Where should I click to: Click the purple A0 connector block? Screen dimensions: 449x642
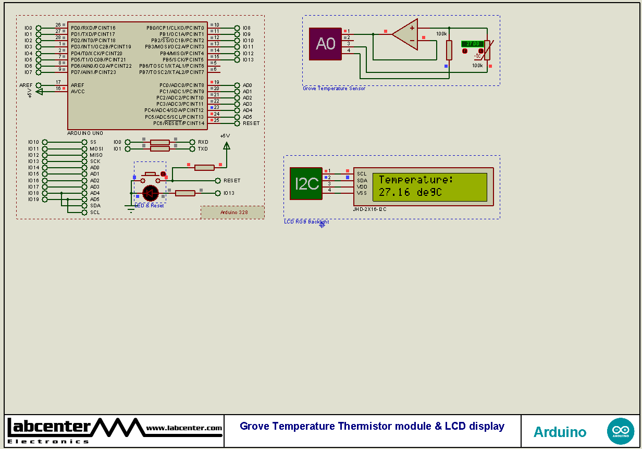tap(325, 44)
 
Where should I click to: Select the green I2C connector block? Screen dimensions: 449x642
tap(306, 183)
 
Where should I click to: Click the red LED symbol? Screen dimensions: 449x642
tap(150, 193)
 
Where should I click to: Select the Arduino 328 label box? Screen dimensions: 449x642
tap(232, 212)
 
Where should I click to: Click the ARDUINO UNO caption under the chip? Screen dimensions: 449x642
tap(85, 133)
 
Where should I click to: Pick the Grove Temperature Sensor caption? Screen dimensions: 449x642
tap(334, 89)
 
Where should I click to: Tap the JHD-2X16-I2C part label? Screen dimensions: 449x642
tap(369, 209)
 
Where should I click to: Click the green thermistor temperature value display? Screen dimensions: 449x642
tap(473, 44)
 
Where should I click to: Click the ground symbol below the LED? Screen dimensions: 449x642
tap(129, 208)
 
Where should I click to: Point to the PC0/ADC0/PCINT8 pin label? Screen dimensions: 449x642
tap(181, 85)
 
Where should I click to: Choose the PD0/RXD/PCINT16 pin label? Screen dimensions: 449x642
tap(93, 28)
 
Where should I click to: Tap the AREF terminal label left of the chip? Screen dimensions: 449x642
tap(26, 85)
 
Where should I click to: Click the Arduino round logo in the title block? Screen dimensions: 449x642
tap(620, 431)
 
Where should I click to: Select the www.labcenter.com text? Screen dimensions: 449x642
tap(184, 428)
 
